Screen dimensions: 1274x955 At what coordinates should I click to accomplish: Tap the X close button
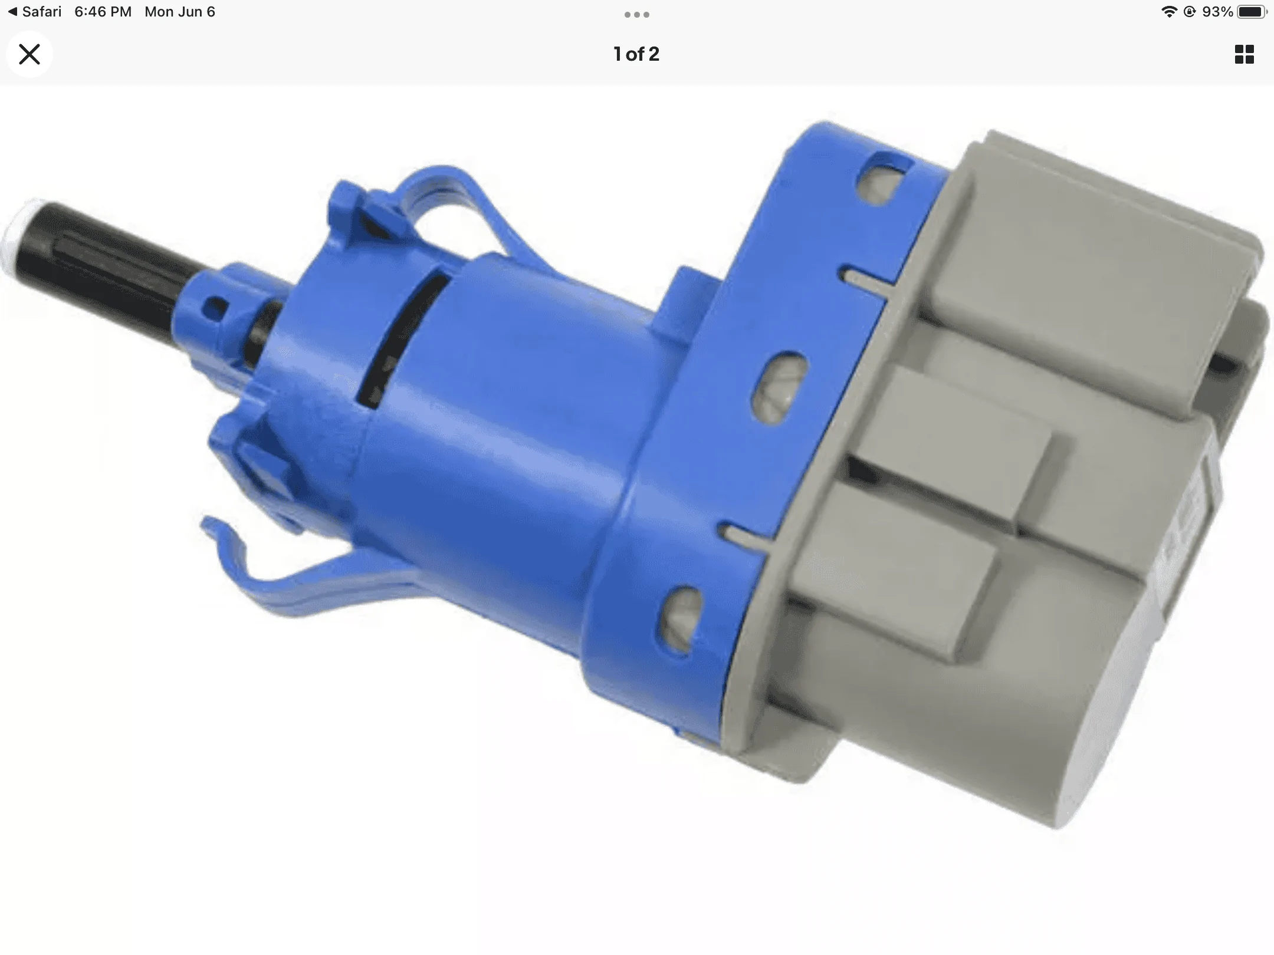point(29,54)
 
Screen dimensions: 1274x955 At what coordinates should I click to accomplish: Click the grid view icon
point(1244,54)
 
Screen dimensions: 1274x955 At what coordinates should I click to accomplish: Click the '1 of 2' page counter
point(636,54)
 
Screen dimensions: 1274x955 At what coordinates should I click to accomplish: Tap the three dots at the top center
point(637,15)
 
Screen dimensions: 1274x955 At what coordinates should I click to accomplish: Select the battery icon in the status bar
point(1252,12)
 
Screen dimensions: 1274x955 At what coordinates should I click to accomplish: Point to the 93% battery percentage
point(1217,12)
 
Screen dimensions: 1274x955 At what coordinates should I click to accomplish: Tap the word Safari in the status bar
point(41,12)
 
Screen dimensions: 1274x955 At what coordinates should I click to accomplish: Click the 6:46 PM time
point(103,12)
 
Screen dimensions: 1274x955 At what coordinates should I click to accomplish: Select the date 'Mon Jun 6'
point(180,12)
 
